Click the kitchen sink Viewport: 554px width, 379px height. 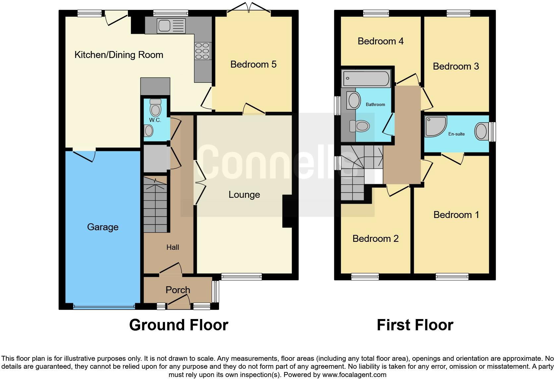171,26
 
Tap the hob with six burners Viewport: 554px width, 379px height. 203,51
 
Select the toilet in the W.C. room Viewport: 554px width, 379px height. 155,108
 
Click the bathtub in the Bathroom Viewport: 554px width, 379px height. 366,79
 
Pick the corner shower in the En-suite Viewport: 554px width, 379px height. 435,126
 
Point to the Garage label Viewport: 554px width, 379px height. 103,227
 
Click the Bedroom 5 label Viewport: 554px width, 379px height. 253,64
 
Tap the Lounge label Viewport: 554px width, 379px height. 244,195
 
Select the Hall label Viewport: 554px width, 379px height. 173,247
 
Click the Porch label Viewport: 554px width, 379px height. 178,290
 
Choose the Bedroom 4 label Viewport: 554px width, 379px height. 381,41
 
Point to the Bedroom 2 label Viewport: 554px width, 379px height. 375,239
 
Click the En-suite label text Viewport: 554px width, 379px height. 457,134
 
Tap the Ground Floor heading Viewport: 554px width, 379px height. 179,325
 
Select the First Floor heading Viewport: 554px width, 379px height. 415,325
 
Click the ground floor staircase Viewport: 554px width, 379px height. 155,204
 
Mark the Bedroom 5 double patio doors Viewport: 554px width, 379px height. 249,8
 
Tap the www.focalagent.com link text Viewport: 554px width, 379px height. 355,375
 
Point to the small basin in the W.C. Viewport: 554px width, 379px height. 149,131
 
